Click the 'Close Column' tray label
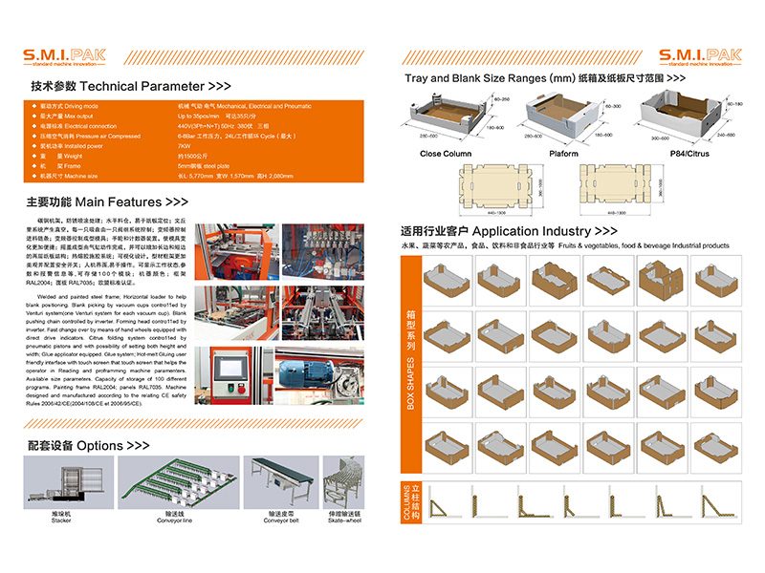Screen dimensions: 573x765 click(x=446, y=154)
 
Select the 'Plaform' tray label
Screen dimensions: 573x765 click(x=563, y=154)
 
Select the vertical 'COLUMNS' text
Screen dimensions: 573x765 click(x=412, y=503)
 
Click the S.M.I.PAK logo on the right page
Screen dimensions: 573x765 click(x=697, y=57)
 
